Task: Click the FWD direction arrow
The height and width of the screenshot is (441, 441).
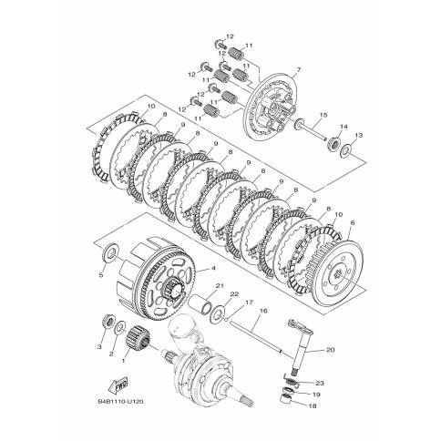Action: click(x=118, y=385)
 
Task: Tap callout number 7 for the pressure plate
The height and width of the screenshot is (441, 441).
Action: click(x=299, y=70)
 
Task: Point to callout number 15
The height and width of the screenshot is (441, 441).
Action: click(x=323, y=115)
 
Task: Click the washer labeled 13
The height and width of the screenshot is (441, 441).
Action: click(x=345, y=149)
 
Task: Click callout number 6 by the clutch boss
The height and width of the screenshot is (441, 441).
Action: click(x=353, y=223)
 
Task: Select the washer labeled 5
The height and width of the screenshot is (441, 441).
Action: click(x=110, y=251)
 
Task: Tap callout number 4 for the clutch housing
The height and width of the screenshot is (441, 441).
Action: click(x=213, y=268)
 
